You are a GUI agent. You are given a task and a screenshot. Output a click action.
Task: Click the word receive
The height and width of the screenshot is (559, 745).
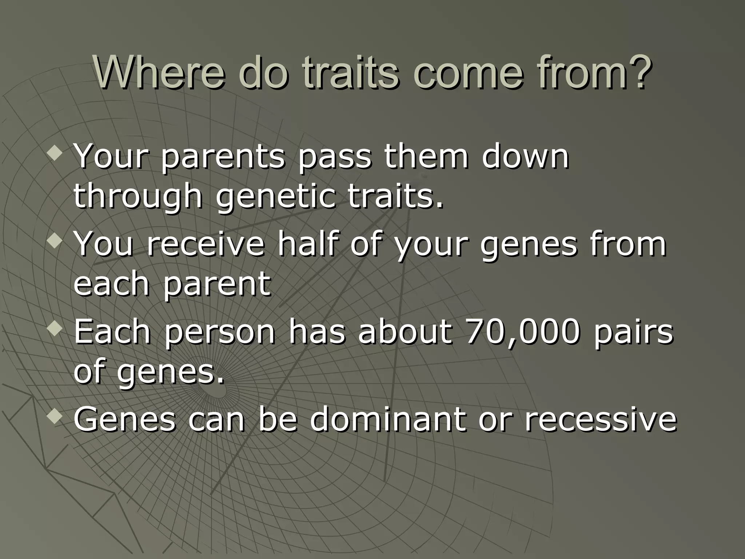tap(206, 244)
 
